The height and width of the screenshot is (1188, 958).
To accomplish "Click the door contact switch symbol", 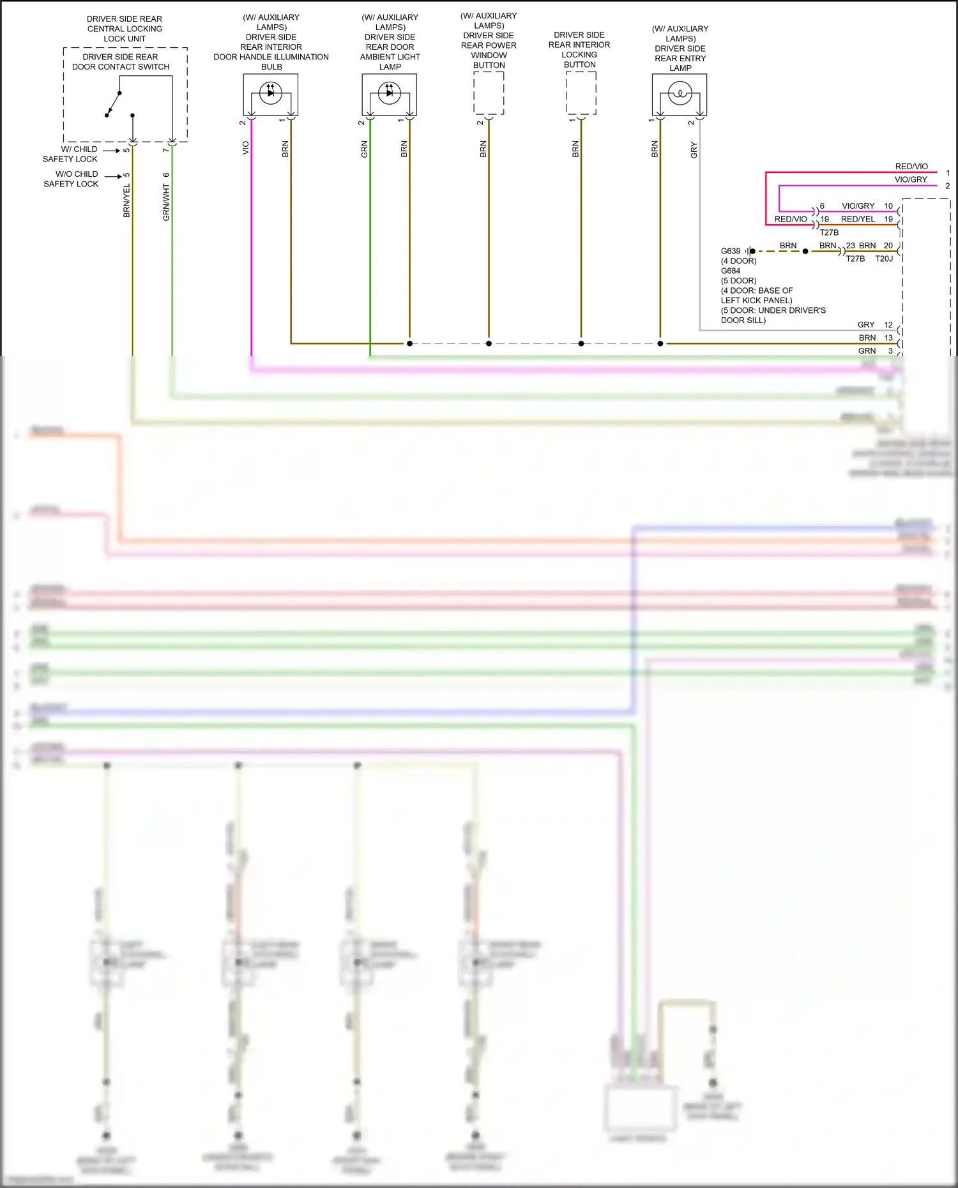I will (115, 104).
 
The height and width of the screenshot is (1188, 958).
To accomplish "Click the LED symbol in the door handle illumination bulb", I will (271, 93).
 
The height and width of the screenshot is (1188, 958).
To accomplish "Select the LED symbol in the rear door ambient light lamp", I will (390, 93).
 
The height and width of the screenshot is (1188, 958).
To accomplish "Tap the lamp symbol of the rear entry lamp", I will (680, 94).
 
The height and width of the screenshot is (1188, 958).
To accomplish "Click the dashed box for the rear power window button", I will (489, 93).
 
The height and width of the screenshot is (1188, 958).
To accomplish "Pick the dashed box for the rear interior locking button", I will (581, 93).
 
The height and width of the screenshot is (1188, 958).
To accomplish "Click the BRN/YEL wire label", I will (126, 200).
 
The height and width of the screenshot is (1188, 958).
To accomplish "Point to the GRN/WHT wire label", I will (166, 202).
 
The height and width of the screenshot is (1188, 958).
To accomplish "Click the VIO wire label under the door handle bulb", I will (245, 148).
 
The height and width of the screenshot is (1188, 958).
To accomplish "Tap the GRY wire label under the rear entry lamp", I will (694, 150).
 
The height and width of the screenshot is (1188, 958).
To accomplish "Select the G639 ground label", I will (731, 251).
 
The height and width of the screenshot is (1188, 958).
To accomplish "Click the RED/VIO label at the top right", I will (911, 166).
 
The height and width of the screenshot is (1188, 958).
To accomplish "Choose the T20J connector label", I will (884, 259).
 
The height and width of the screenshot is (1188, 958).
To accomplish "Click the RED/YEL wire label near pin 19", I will (858, 219).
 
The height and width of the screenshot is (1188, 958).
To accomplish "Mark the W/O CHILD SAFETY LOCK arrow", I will (113, 176).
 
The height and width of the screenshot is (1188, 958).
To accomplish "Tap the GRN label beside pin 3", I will (867, 351).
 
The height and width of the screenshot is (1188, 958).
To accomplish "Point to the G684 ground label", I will (731, 271).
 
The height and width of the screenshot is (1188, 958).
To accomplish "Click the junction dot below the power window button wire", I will (489, 343).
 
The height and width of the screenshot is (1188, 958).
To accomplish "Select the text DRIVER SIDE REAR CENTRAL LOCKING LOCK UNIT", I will (125, 29).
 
